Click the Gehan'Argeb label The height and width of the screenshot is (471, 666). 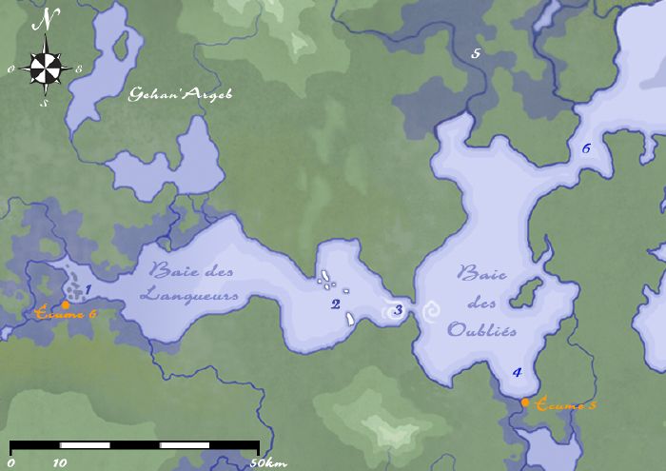point(181,94)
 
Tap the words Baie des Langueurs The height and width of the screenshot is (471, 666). point(187,284)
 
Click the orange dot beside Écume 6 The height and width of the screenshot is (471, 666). point(64,304)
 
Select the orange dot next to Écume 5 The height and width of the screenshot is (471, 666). point(525,402)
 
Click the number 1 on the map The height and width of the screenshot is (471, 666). point(88,290)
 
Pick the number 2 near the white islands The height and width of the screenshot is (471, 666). point(335,304)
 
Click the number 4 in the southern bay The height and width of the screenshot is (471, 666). point(517,372)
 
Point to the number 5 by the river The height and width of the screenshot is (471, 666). point(476,53)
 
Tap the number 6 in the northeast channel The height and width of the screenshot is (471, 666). point(586,148)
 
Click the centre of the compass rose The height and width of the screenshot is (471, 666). point(46,67)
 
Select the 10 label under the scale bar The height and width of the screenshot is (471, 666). point(60,463)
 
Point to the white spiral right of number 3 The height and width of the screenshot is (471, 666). point(431,310)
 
